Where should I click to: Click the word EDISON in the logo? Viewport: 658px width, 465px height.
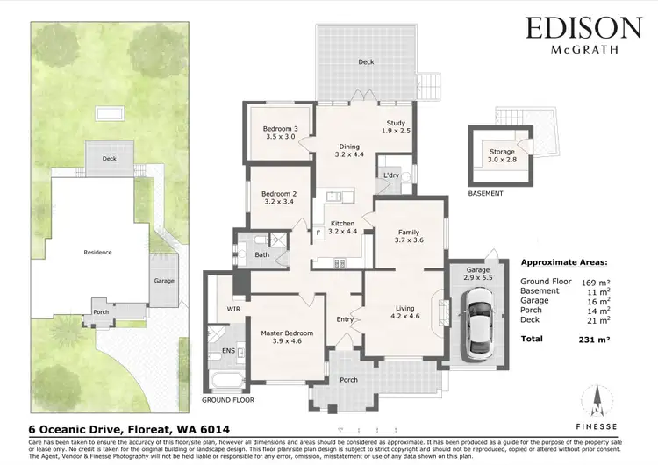click(x=583, y=29)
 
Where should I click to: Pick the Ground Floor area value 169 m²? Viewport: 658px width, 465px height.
click(x=595, y=283)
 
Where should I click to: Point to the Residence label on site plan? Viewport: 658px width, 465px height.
click(x=97, y=252)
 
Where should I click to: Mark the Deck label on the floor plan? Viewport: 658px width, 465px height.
click(x=365, y=61)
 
